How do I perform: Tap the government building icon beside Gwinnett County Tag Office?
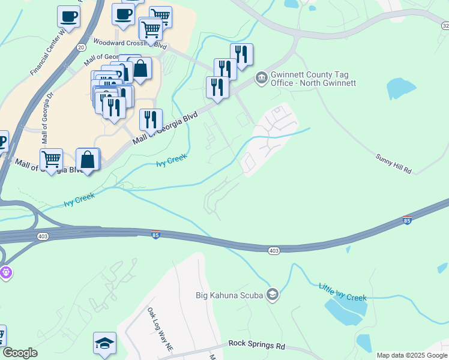coord(261,77)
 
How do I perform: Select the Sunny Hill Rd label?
coord(393,163)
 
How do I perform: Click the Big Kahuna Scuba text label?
coord(231,295)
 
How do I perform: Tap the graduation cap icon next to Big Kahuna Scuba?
coord(273,293)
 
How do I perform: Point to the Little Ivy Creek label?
coord(342,293)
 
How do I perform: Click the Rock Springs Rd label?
coord(256,346)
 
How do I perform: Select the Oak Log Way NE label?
coord(160,329)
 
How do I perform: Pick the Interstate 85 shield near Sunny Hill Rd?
coord(407,220)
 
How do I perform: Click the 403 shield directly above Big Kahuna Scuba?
coord(274,250)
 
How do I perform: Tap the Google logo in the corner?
coord(20,353)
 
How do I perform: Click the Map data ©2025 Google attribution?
coord(412,355)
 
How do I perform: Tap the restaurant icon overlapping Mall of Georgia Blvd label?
coord(151,119)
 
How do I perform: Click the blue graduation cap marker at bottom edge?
coord(104,343)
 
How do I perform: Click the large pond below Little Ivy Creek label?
coord(345,309)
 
